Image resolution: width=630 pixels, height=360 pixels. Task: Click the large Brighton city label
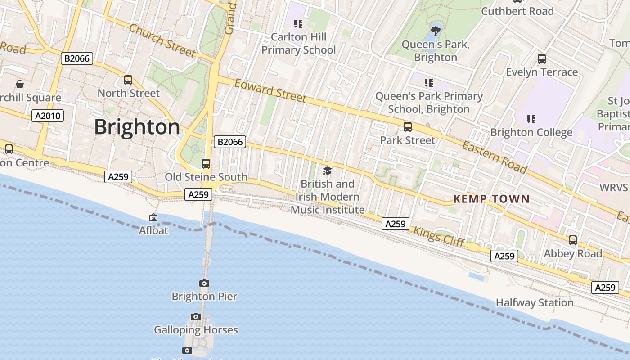point(137,127)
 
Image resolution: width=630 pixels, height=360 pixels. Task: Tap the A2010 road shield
point(48,116)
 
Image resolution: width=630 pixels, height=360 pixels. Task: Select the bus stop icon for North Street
point(128,80)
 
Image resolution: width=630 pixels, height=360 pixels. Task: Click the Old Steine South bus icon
point(206,164)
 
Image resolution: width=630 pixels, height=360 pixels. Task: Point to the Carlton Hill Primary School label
point(299,43)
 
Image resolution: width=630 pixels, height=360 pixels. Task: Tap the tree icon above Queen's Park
point(435,31)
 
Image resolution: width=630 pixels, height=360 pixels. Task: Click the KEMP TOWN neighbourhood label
point(491,199)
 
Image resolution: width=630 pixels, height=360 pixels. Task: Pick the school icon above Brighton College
point(531,119)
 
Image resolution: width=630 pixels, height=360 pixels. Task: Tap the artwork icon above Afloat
point(153,217)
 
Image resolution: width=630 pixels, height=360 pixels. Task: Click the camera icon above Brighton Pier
point(204,283)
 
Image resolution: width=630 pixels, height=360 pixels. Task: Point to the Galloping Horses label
point(196,330)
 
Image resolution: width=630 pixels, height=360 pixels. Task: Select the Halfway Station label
point(535,302)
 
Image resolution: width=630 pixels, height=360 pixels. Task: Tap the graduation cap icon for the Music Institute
point(327,171)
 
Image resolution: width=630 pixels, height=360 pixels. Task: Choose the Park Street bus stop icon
point(408,127)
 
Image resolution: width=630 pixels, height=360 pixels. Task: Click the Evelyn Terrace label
point(542,72)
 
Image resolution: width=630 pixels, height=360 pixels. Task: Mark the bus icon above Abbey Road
point(572,240)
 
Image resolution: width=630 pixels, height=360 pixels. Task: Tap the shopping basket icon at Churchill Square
point(20,84)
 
